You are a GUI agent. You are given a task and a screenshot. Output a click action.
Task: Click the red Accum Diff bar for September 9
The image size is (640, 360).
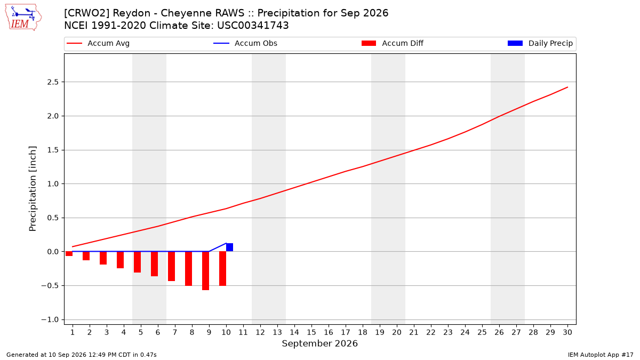click(x=205, y=271)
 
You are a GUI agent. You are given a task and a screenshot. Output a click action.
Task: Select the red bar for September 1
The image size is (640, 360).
click(x=69, y=254)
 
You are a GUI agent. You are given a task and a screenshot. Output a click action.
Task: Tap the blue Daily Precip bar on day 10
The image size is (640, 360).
click(x=229, y=247)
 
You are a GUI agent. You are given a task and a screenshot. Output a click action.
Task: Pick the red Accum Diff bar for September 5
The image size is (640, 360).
click(x=137, y=262)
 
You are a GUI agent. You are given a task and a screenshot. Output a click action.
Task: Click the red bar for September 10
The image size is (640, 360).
click(x=222, y=269)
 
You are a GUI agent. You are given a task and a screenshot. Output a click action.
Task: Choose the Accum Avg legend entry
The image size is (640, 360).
click(x=98, y=43)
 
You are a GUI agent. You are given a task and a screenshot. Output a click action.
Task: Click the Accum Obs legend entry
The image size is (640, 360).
click(x=245, y=43)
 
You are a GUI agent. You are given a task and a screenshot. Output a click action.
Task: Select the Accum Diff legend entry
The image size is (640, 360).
click(x=393, y=43)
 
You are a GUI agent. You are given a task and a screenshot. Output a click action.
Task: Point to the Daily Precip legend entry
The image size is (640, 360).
click(x=540, y=43)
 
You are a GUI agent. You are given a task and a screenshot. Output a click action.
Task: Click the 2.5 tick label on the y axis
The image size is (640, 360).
click(x=53, y=82)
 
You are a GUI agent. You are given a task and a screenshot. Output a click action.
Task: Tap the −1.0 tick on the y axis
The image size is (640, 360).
click(x=50, y=319)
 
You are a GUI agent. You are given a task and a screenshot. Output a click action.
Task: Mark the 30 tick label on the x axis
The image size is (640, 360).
click(x=567, y=332)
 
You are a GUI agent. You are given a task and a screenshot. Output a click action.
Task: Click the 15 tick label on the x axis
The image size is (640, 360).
click(x=311, y=332)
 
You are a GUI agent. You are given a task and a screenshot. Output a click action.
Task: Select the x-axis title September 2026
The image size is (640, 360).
click(x=319, y=343)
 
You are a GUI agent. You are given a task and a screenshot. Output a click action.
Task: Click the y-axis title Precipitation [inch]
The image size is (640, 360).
click(x=33, y=189)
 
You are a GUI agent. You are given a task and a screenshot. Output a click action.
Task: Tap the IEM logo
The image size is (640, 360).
click(x=23, y=18)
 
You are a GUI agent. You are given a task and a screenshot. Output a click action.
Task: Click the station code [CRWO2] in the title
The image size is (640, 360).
click(x=87, y=13)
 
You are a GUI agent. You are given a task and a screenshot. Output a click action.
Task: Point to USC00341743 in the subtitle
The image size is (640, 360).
click(x=253, y=26)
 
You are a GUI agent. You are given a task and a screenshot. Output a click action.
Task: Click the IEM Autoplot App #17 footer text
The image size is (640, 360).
click(x=601, y=355)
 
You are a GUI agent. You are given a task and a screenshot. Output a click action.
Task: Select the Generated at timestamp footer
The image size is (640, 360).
click(x=82, y=355)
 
